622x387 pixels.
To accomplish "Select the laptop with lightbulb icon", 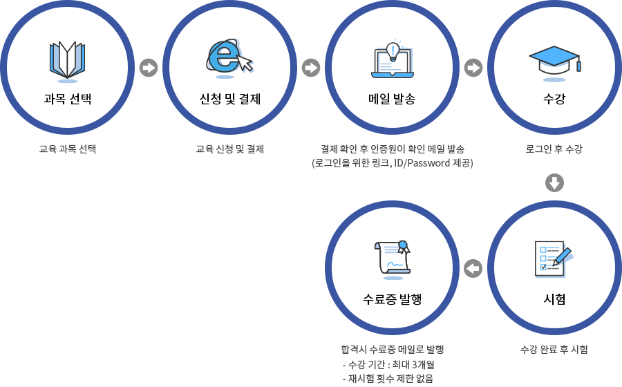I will [x=393, y=59].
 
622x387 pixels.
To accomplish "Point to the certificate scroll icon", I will [x=393, y=257].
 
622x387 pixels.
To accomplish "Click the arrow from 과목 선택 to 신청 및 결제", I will [x=149, y=68].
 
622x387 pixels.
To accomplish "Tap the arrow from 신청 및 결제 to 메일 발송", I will [x=311, y=68].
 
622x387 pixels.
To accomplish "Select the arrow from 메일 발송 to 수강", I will [x=473, y=68].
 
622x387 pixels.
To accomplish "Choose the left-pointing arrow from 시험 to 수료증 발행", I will [x=473, y=268].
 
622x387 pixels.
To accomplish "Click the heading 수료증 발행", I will [x=393, y=299].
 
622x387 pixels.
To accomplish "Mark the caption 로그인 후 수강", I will [x=554, y=149].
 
